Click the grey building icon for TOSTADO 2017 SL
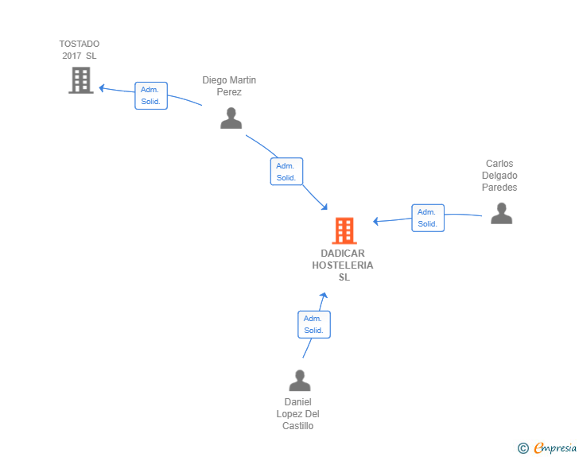point(80,80)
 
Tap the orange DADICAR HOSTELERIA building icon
point(344,230)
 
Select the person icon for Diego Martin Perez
point(231,118)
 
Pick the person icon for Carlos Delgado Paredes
point(501,213)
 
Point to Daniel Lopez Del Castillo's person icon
point(300,381)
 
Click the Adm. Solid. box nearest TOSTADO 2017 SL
point(150,95)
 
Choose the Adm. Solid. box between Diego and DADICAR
point(286,172)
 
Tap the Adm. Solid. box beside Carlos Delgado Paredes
point(428,218)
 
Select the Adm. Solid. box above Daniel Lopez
point(313,324)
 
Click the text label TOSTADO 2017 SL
point(80,49)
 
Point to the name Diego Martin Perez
point(229,86)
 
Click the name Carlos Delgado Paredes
point(499,176)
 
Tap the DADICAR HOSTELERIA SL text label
point(343,265)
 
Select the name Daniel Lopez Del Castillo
point(298,414)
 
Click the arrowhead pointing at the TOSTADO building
point(103,87)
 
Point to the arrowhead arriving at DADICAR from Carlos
point(377,221)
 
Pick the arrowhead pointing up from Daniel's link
point(324,296)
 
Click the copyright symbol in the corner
point(523,448)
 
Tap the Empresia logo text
point(555,448)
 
